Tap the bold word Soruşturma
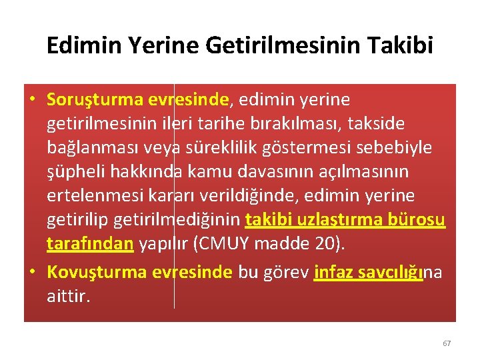(x=91, y=100)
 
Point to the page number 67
(x=447, y=343)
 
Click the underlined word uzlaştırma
(x=341, y=220)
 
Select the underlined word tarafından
(x=91, y=244)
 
